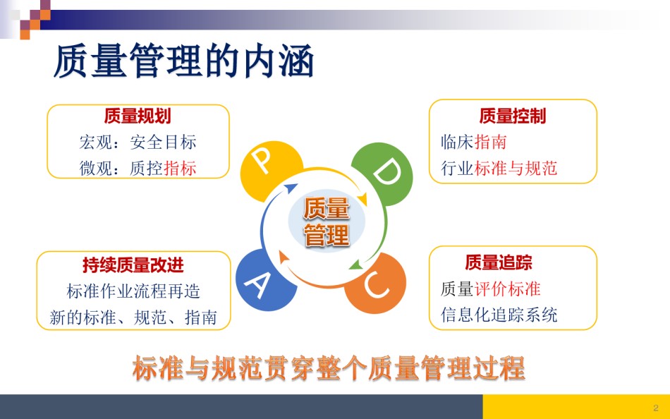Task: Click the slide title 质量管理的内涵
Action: [184, 61]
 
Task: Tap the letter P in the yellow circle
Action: [262, 162]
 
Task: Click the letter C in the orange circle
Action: [377, 285]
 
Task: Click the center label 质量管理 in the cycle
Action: [327, 221]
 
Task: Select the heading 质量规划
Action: [138, 116]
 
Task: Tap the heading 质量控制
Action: [512, 116]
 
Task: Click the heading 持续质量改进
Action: [133, 265]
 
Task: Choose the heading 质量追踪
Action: [498, 262]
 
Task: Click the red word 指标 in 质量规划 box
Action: [181, 168]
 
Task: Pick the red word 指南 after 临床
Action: [491, 142]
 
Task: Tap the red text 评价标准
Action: [507, 289]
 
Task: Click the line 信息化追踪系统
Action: [499, 315]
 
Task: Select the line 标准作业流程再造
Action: [133, 291]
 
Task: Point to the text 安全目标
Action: [163, 142]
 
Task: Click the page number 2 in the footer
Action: [656, 408]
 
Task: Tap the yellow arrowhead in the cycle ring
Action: [363, 199]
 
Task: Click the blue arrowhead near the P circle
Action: [291, 188]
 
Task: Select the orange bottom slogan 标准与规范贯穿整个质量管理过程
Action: [329, 368]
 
